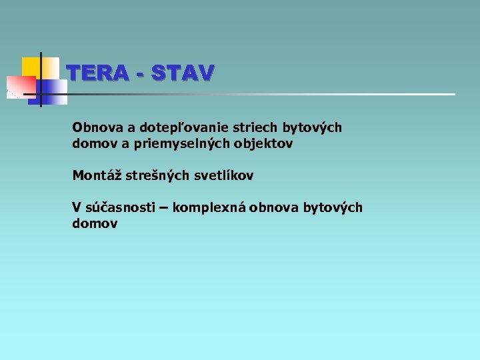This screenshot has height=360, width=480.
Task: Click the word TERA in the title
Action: tap(95, 73)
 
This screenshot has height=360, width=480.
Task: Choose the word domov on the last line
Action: tap(94, 224)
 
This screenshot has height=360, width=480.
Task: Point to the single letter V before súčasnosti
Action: tap(77, 208)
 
